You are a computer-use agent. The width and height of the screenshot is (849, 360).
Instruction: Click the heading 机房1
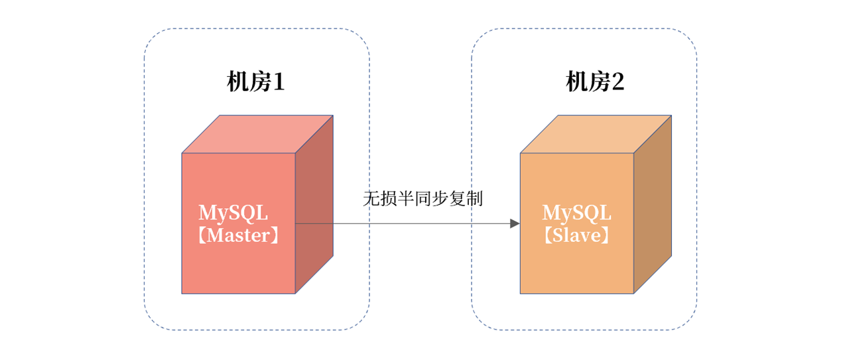[x=256, y=83]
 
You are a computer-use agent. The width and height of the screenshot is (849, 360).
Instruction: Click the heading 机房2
[x=595, y=83]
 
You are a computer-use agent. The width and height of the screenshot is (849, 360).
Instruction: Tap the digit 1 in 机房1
[x=278, y=83]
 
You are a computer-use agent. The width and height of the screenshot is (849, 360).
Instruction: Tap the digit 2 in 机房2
[x=617, y=83]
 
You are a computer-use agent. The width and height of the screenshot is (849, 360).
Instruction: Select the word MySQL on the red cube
[x=233, y=213]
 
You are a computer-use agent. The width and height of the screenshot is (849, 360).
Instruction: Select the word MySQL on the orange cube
[x=576, y=213]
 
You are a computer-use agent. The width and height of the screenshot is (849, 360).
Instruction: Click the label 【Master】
[x=238, y=235]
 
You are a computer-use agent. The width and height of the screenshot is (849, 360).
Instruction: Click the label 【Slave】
[x=576, y=235]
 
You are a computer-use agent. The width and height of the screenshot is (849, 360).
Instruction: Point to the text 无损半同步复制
[x=423, y=199]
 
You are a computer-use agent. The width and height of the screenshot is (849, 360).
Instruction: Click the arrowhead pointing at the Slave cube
[x=514, y=223]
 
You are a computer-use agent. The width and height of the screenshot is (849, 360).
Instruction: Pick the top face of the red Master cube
[x=257, y=134]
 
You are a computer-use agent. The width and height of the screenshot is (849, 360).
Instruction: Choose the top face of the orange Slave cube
[x=596, y=134]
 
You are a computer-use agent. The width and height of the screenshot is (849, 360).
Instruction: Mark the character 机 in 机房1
[x=237, y=83]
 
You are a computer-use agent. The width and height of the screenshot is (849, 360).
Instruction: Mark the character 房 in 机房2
[x=596, y=83]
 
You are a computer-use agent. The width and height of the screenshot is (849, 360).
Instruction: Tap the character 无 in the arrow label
[x=370, y=199]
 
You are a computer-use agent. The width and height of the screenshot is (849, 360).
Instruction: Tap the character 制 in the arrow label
[x=475, y=199]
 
